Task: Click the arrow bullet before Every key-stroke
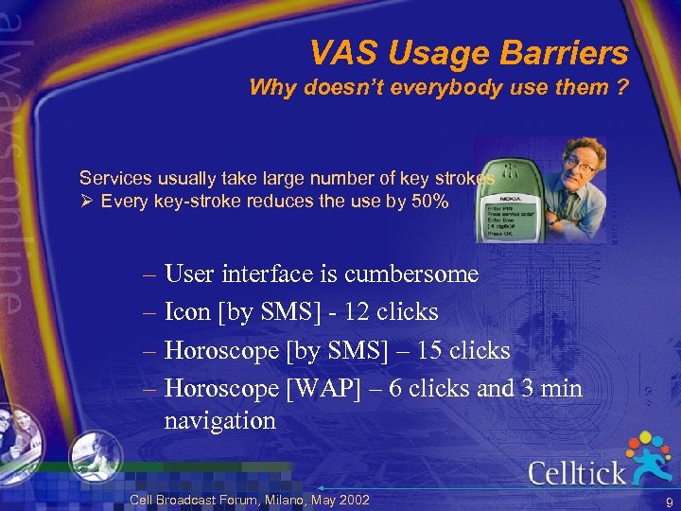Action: tap(86, 201)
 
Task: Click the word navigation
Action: tap(219, 420)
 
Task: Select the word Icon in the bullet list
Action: tap(187, 312)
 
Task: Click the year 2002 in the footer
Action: tap(352, 500)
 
